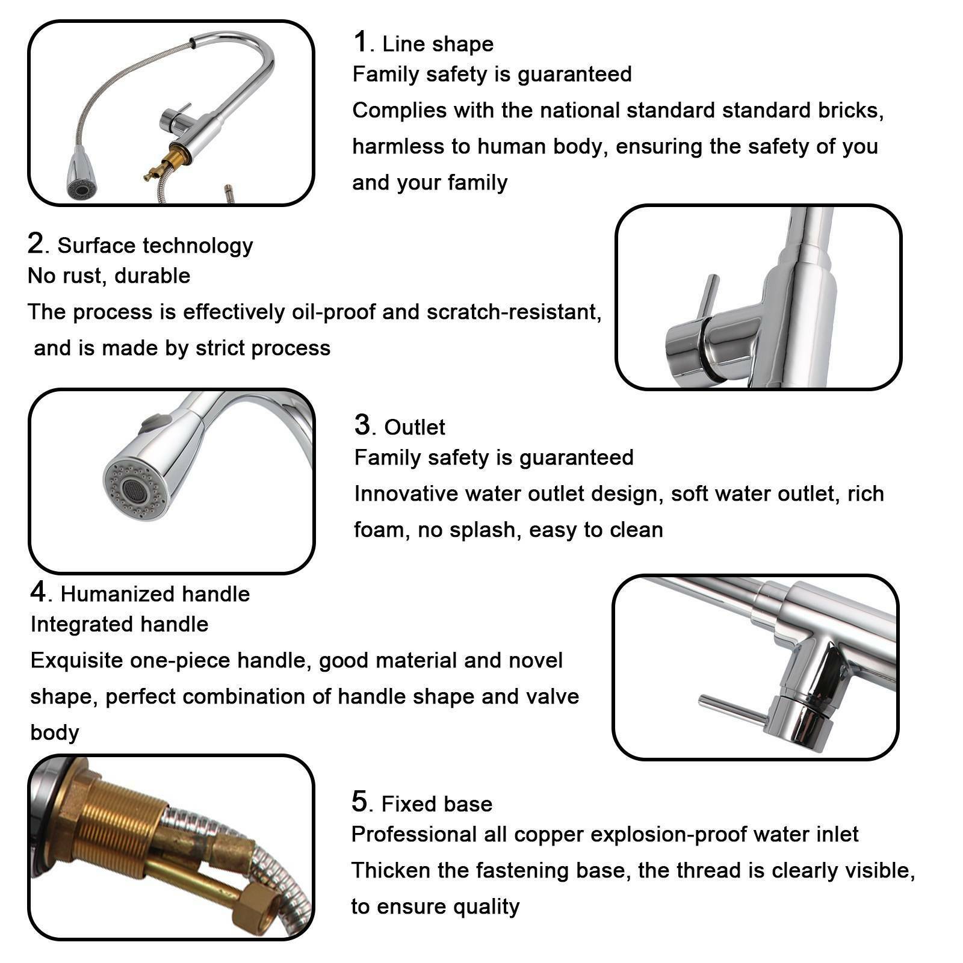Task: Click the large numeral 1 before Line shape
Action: [x=360, y=42]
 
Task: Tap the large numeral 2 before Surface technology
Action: [x=36, y=244]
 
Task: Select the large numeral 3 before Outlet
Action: [x=362, y=425]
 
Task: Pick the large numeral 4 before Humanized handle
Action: [x=39, y=592]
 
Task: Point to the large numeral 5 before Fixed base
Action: [x=359, y=802]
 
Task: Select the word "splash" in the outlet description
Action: [x=487, y=530]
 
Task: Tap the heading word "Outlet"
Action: [x=415, y=427]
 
